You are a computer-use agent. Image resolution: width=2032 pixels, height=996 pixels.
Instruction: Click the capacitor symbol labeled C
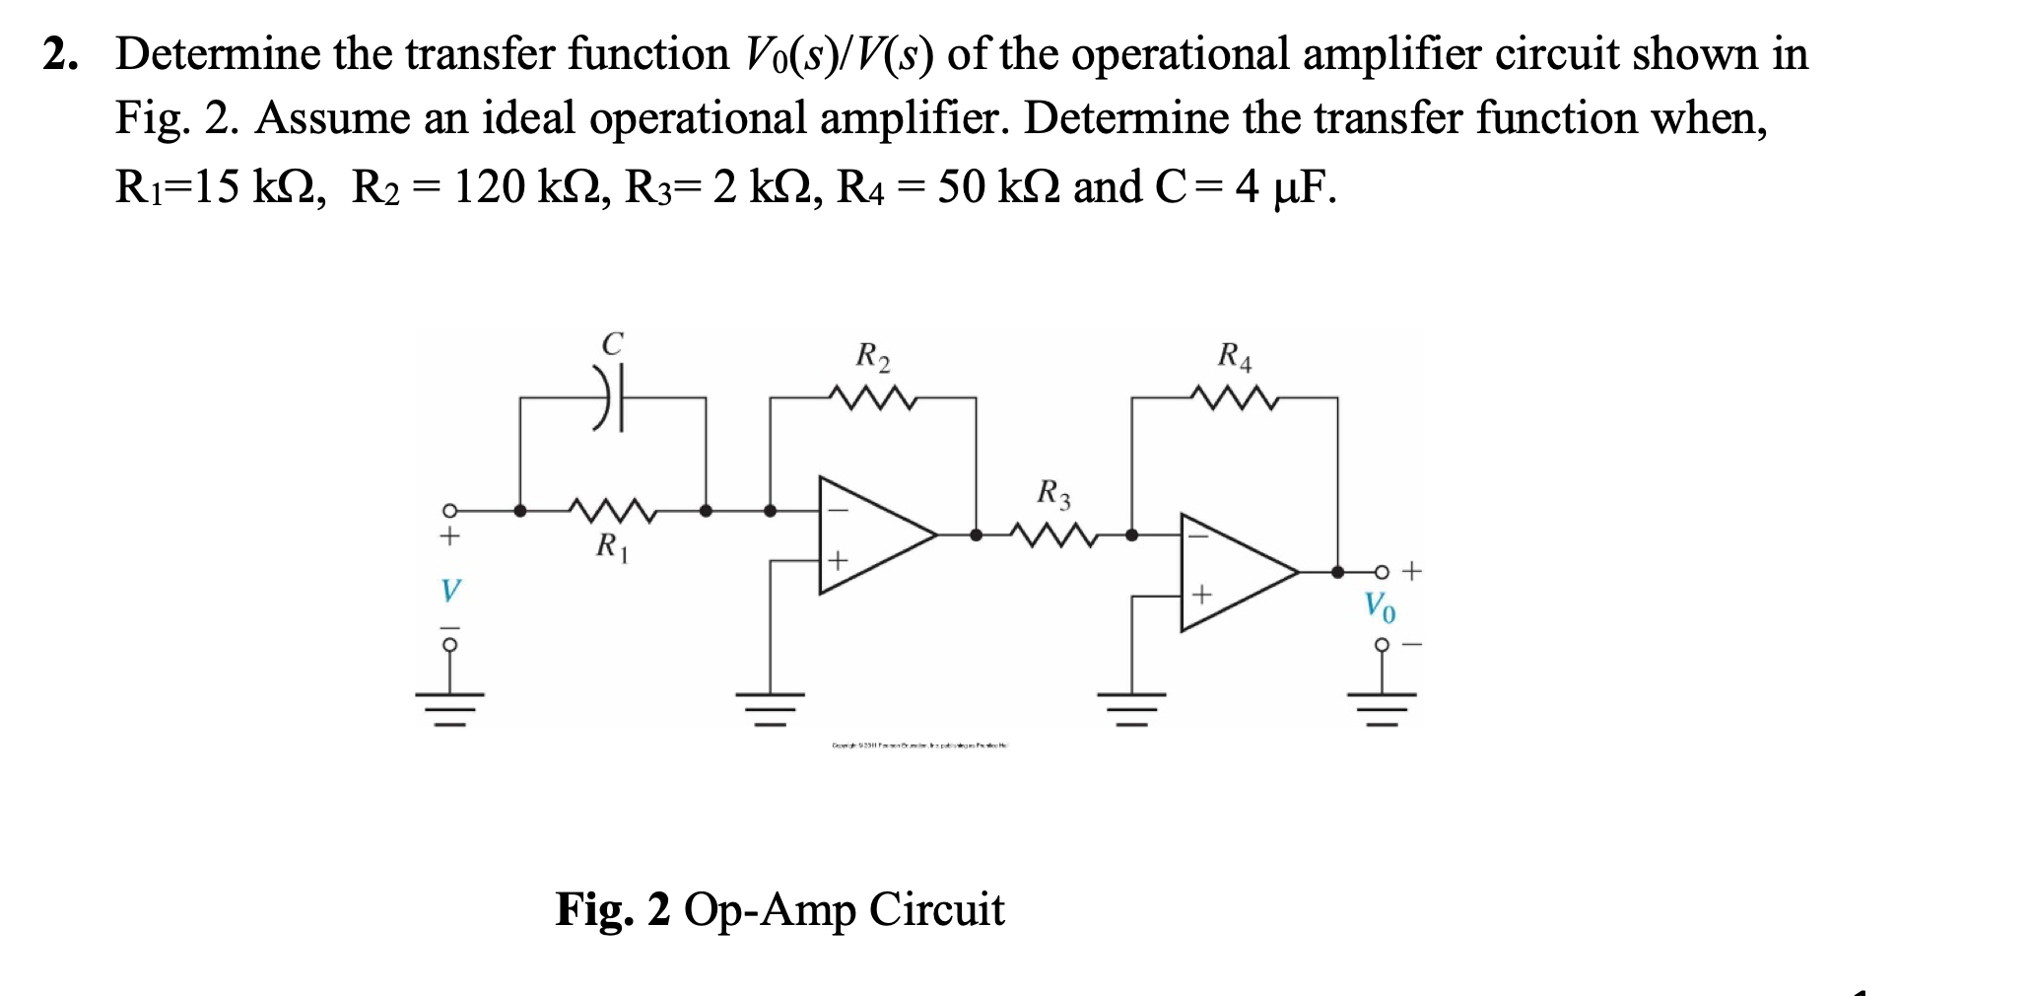tap(611, 397)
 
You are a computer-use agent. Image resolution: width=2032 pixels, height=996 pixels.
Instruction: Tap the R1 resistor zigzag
tap(612, 511)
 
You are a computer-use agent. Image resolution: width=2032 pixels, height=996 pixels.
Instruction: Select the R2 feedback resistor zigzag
tap(873, 398)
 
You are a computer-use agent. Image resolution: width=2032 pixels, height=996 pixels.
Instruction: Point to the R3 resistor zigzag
tap(1053, 535)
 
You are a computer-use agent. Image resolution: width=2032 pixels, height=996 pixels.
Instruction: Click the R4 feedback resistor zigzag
tap(1235, 398)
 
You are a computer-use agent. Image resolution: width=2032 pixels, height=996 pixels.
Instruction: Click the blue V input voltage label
tap(449, 591)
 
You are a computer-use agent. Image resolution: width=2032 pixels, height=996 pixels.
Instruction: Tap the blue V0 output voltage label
tap(1379, 606)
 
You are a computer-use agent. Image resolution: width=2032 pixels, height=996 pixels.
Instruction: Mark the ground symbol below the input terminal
tap(449, 706)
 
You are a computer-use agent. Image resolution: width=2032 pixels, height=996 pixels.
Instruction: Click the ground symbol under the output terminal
tap(1382, 706)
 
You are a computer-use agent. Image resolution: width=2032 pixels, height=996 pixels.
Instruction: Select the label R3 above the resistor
tap(1053, 493)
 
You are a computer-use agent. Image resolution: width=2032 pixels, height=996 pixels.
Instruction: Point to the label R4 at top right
tap(1235, 356)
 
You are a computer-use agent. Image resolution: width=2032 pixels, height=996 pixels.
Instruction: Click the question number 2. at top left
tap(60, 55)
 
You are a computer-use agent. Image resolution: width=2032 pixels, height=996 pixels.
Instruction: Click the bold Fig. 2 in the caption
tap(612, 909)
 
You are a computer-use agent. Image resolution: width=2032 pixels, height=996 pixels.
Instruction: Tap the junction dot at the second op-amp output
tap(1337, 572)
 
